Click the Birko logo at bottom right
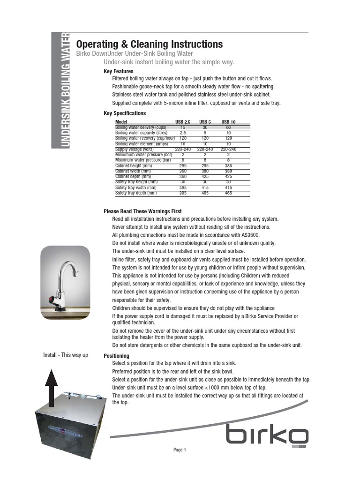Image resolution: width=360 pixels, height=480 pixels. (268, 435)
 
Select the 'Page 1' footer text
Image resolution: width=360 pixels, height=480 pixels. (180, 450)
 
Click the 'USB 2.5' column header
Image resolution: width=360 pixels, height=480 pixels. (183, 122)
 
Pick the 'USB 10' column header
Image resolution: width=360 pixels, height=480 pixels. (228, 122)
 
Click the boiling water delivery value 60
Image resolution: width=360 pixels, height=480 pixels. (228, 127)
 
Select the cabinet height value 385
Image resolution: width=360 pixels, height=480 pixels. (228, 166)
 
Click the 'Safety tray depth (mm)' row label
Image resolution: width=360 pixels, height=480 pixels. (136, 193)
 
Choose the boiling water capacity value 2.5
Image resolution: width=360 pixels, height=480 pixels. (183, 133)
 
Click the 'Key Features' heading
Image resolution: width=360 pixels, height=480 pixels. (118, 71)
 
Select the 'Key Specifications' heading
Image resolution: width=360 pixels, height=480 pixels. (125, 113)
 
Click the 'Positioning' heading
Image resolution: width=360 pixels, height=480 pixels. (116, 356)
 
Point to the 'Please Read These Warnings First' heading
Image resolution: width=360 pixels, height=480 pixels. (142, 211)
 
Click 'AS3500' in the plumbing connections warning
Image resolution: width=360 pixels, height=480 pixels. (249, 235)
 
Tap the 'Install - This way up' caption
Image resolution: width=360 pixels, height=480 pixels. (66, 355)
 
